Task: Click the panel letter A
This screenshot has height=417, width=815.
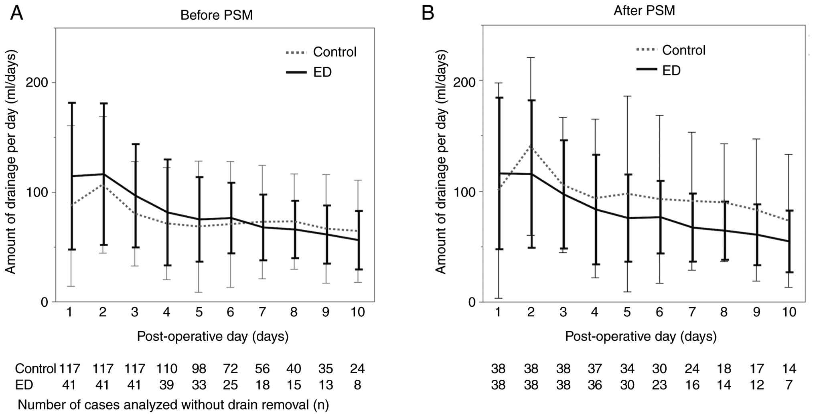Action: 16,13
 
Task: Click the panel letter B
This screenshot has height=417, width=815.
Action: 428,13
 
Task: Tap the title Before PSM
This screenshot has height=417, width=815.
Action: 217,15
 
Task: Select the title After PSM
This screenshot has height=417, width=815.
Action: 644,10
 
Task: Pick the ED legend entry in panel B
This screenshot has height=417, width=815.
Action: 671,71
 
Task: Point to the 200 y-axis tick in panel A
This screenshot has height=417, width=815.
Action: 36,83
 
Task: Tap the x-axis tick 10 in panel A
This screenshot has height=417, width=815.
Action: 357,312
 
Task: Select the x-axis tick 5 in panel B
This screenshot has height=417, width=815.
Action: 627,312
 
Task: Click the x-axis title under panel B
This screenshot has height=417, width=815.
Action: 641,336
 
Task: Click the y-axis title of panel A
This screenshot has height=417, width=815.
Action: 11,162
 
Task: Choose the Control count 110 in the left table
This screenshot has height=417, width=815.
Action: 166,368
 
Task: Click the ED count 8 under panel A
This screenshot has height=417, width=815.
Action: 357,385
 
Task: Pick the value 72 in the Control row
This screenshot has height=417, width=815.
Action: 230,368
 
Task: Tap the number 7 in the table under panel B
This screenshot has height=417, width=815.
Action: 789,385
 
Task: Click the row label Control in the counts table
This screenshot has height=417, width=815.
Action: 35,368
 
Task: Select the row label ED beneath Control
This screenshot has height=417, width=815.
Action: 24,385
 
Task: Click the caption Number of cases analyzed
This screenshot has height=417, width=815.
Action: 173,405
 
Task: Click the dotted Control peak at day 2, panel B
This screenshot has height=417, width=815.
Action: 531,146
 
